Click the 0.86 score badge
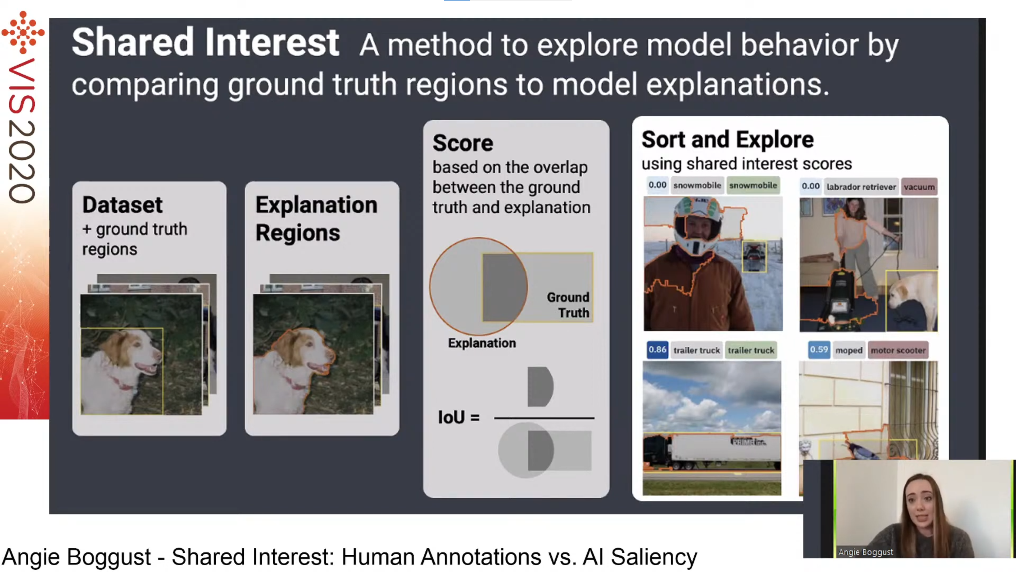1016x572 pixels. pyautogui.click(x=657, y=350)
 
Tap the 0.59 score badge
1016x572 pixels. pyautogui.click(x=818, y=350)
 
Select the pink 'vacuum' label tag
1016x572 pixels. pyautogui.click(x=919, y=187)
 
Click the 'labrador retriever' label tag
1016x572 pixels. pyautogui.click(x=861, y=187)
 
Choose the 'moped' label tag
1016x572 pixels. pyautogui.click(x=849, y=350)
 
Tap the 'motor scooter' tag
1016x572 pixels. pyautogui.click(x=898, y=350)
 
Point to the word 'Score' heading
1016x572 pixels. pyautogui.click(x=463, y=143)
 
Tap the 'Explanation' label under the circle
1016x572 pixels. pyautogui.click(x=482, y=343)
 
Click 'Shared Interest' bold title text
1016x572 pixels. pyautogui.click(x=205, y=43)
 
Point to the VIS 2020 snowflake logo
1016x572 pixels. pyautogui.click(x=23, y=32)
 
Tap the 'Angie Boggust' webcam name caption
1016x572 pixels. pyautogui.click(x=865, y=552)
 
